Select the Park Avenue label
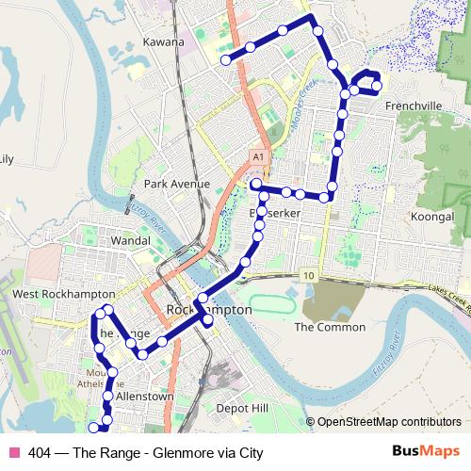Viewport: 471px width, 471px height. pyautogui.click(x=177, y=184)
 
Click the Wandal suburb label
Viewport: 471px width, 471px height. pyautogui.click(x=131, y=241)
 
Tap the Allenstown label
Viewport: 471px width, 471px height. pyautogui.click(x=144, y=397)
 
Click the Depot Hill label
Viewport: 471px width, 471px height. pyautogui.click(x=242, y=409)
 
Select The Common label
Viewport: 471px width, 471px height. pyautogui.click(x=329, y=327)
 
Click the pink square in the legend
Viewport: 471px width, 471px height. pyautogui.click(x=14, y=452)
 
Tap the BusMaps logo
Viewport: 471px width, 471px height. pyautogui.click(x=421, y=451)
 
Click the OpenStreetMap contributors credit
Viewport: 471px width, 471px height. pyautogui.click(x=390, y=423)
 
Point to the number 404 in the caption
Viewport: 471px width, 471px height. pyautogui.click(x=40, y=452)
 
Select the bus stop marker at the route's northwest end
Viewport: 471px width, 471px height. pyautogui.click(x=225, y=60)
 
